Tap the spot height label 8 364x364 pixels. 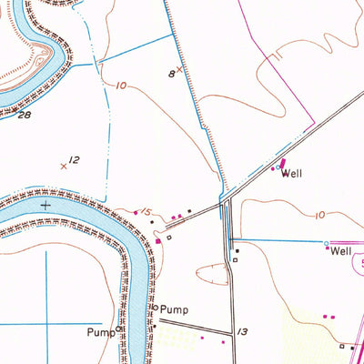pos(170,73)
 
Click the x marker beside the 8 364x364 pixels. pos(179,68)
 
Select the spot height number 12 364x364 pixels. pos(75,160)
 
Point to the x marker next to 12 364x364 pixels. pos(63,166)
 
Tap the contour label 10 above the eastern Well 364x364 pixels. pos(318,215)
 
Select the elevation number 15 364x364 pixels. pos(145,212)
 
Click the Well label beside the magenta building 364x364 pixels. pos(291,173)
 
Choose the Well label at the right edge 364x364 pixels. pos(341,250)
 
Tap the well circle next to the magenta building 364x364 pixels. pos(278,168)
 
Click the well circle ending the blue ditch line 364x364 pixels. pos(327,243)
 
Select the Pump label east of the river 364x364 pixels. pos(175,309)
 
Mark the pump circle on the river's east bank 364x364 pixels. pos(155,308)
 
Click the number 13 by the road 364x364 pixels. pos(242,332)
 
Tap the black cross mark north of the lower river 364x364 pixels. pos(45,206)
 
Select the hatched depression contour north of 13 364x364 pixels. pos(227,270)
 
